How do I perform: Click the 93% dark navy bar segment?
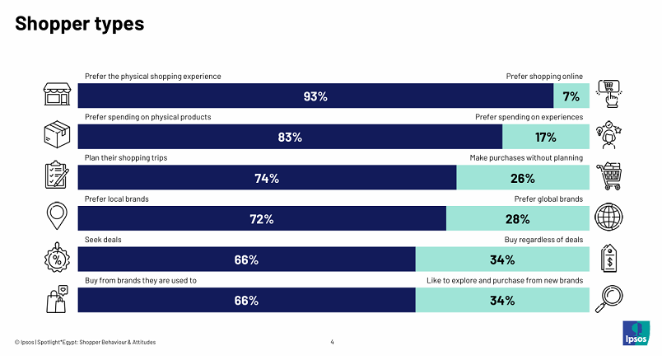click(x=315, y=96)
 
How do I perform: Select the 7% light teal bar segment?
click(x=571, y=96)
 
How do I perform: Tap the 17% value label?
click(x=545, y=138)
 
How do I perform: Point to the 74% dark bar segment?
click(x=267, y=177)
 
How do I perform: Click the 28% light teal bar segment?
click(x=518, y=218)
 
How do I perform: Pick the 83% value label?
click(x=290, y=138)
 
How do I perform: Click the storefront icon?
click(x=57, y=94)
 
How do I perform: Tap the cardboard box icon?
click(x=57, y=135)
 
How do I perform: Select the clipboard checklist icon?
click(x=57, y=175)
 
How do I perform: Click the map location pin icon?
click(x=57, y=216)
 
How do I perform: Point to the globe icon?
click(x=608, y=217)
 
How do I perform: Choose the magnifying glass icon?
click(x=608, y=299)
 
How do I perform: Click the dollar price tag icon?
click(x=608, y=258)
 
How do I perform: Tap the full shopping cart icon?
click(x=608, y=175)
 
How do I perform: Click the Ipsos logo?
click(x=636, y=334)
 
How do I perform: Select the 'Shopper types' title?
click(x=79, y=24)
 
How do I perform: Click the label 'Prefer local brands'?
click(x=117, y=199)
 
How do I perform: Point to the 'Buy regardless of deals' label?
click(x=543, y=240)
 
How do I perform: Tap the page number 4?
click(x=333, y=342)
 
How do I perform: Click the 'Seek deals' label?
click(x=103, y=240)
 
